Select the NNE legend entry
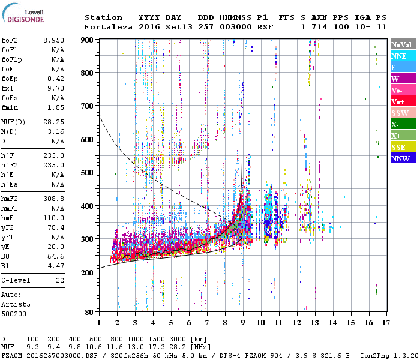tap(403, 56)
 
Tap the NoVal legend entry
tap(403, 44)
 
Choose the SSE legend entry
tap(403, 147)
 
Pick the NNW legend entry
tap(403, 158)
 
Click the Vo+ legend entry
tap(403, 101)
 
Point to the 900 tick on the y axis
tap(88, 40)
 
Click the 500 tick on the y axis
tap(88, 173)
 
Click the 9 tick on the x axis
tap(243, 322)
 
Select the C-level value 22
tap(60, 280)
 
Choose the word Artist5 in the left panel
tap(16, 304)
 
